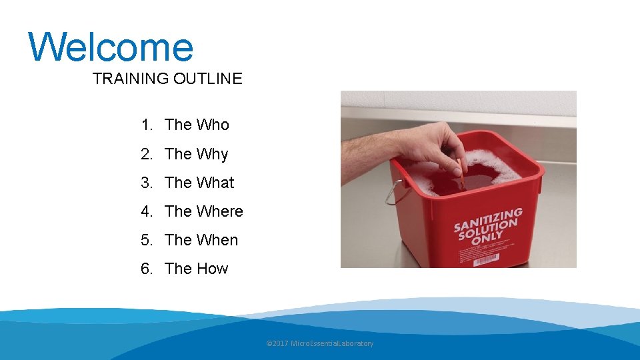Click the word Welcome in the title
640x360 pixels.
pos(111,47)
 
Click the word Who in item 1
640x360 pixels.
pos(213,125)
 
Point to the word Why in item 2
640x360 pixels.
pos(212,154)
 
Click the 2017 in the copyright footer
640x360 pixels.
pos(280,343)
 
